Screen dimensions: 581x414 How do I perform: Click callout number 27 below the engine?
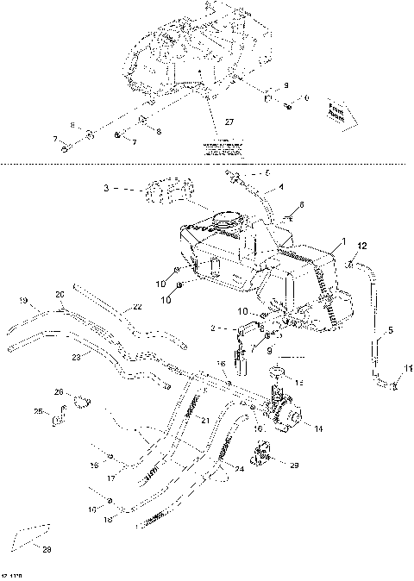(x=229, y=123)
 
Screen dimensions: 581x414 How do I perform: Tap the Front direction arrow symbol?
(x=336, y=111)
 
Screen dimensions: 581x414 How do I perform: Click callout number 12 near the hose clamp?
(x=362, y=247)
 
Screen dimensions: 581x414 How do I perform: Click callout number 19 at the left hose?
(x=23, y=301)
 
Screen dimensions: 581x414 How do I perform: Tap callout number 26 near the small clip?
(x=59, y=393)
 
